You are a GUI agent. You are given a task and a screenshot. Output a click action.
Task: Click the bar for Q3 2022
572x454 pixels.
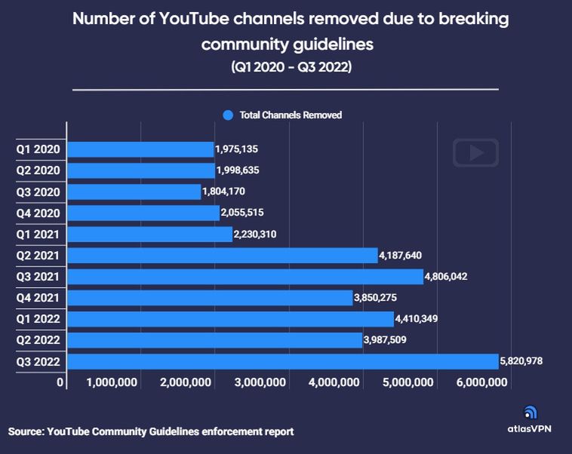click(283, 362)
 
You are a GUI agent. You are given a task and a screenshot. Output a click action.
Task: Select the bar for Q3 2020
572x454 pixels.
click(135, 192)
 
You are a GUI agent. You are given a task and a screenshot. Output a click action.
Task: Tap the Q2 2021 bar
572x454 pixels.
click(223, 256)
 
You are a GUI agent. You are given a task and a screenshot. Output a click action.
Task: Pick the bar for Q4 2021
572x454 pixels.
click(211, 298)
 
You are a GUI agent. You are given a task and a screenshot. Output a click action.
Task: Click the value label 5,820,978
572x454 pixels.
click(521, 362)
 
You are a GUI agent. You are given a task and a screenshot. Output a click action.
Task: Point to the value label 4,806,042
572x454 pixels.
click(446, 277)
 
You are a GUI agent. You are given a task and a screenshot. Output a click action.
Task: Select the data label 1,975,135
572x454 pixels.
click(237, 150)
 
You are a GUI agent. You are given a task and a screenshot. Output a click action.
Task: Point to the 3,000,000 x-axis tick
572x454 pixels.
click(260, 383)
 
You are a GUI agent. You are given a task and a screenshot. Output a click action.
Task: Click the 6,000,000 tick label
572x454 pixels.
click(482, 383)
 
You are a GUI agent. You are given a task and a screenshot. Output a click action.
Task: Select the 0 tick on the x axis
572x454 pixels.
click(60, 383)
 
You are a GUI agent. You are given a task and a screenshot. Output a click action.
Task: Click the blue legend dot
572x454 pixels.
click(228, 115)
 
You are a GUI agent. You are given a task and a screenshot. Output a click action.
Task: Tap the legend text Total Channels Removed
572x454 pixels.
click(291, 115)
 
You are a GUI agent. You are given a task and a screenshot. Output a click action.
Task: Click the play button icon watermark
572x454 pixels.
click(475, 152)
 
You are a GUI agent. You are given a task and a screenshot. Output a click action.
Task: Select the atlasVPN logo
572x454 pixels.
click(530, 419)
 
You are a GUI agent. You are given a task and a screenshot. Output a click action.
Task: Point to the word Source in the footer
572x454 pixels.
click(26, 432)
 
